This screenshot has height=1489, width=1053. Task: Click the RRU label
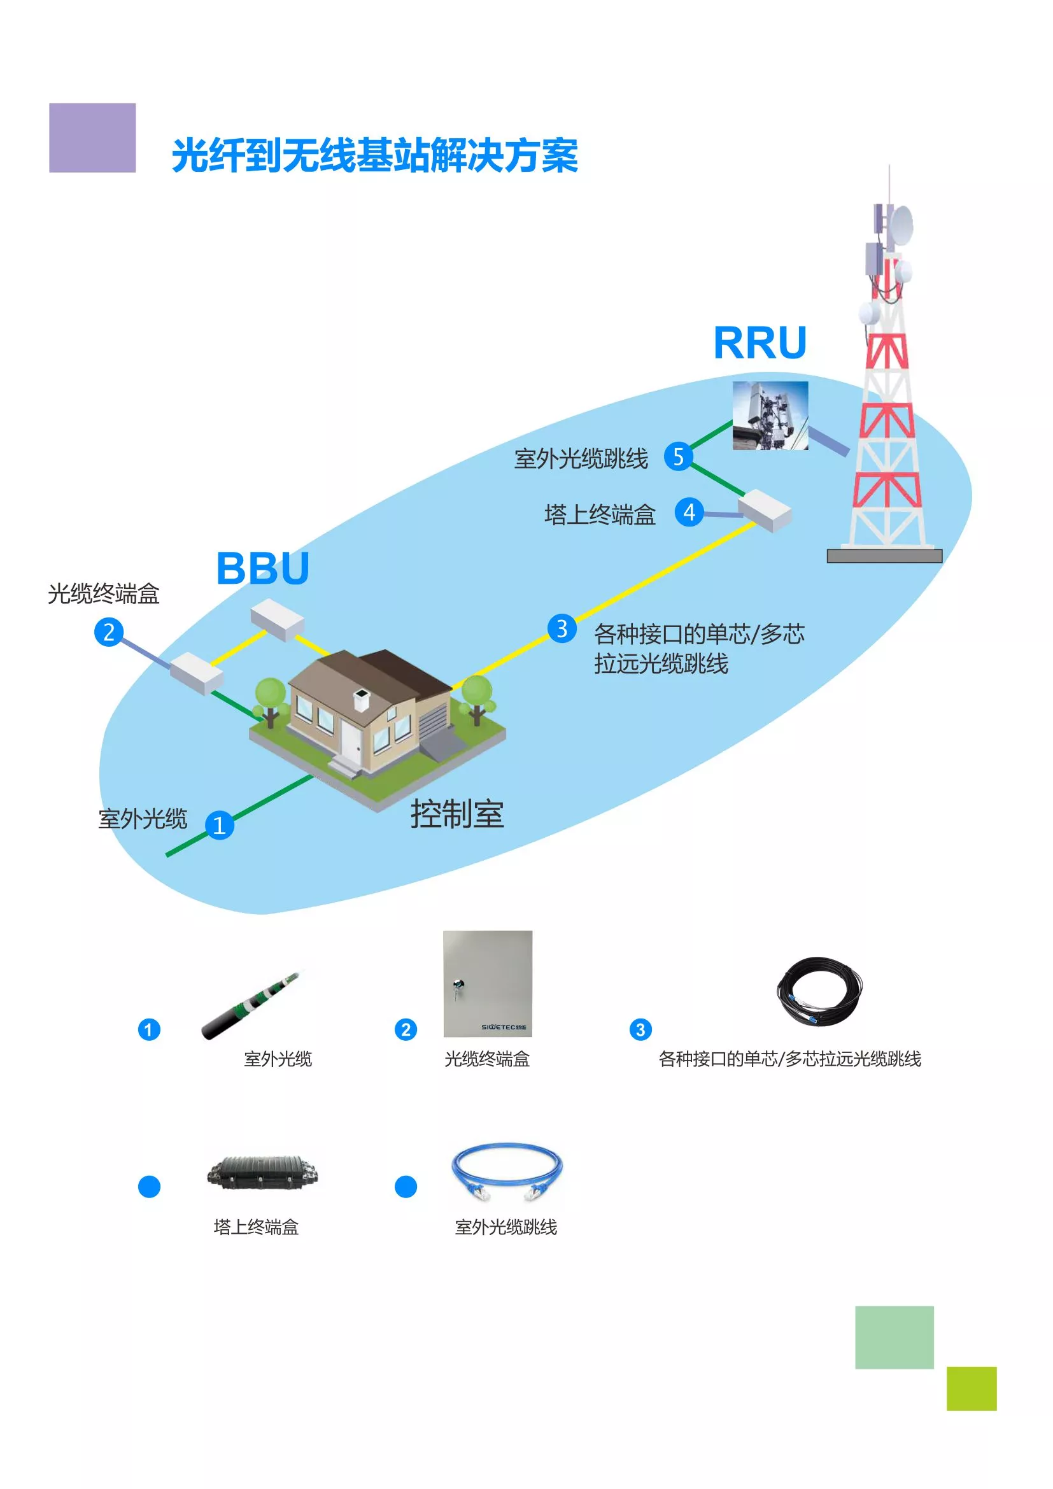click(760, 342)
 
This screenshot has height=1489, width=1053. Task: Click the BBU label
click(262, 568)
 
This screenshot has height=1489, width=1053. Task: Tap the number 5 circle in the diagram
click(678, 456)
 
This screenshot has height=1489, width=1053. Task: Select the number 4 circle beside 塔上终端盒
click(689, 512)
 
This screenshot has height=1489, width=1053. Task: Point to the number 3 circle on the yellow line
click(562, 628)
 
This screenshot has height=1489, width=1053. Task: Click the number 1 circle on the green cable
click(220, 825)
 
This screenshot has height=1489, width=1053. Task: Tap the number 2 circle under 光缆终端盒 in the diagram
click(109, 632)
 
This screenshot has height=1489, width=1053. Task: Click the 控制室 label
click(457, 814)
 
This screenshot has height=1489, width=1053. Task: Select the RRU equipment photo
click(770, 416)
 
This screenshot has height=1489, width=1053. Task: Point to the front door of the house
click(351, 738)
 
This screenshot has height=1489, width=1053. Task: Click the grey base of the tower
click(884, 556)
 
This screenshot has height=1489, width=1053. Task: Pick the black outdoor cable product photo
click(251, 1006)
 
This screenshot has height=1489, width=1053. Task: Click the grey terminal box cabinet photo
click(488, 984)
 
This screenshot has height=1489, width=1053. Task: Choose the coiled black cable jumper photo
click(819, 992)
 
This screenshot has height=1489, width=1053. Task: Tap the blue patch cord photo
click(506, 1171)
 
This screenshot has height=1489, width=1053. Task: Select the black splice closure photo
click(262, 1173)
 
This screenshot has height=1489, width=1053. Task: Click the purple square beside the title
click(93, 138)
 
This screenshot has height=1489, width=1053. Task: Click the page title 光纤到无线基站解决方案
click(375, 155)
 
